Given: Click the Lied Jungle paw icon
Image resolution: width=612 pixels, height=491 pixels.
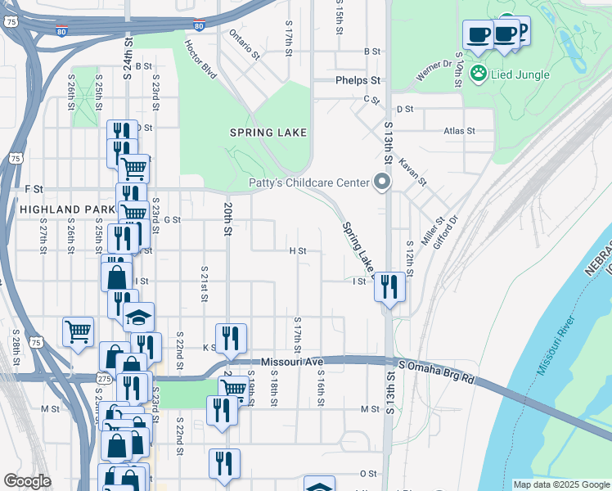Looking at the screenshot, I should [478, 74].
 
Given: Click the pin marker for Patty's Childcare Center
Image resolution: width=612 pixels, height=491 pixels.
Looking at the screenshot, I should [381, 182].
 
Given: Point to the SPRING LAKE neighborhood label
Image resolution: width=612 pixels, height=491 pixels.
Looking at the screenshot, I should [268, 133].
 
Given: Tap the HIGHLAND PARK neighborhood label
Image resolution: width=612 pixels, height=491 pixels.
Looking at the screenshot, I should [65, 209].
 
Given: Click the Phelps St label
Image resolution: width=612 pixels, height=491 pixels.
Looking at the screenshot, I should [358, 81].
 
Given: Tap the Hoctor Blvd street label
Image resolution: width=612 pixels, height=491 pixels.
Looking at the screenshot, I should [200, 60].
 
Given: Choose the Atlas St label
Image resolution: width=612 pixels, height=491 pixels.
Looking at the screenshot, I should [459, 131].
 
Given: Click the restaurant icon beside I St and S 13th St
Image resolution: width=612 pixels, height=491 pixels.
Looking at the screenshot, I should [389, 287].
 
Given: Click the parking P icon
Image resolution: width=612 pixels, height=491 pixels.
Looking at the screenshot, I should [520, 30].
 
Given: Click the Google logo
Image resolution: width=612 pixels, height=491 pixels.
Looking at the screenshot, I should [27, 481].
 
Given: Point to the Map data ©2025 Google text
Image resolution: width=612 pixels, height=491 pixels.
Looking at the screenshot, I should [561, 484].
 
